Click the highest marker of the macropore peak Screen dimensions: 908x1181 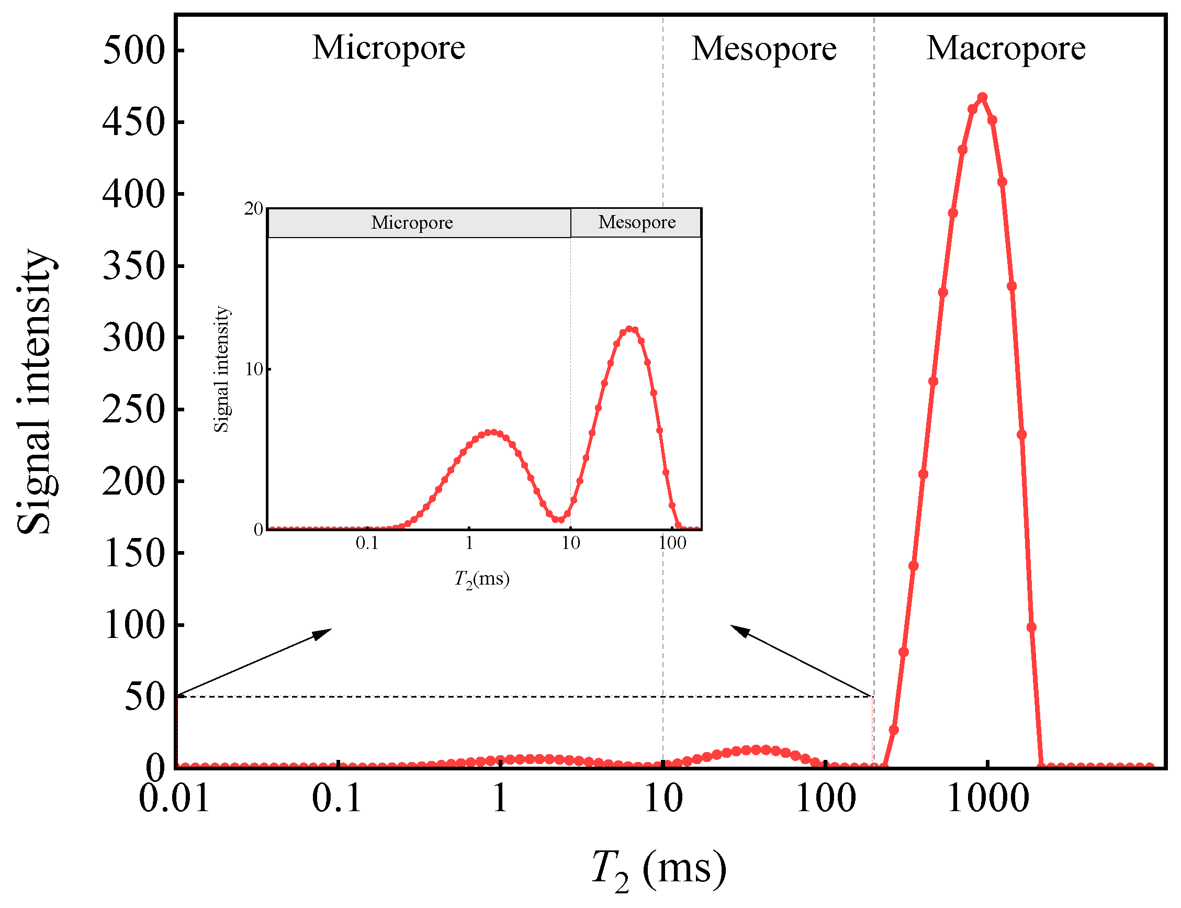[x=982, y=97]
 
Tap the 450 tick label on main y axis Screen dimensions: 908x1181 [x=133, y=121]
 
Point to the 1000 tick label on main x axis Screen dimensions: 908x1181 [x=987, y=799]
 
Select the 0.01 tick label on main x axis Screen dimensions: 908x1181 [x=174, y=799]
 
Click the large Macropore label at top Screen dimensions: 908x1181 [x=1005, y=48]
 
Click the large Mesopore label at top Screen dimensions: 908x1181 [x=763, y=49]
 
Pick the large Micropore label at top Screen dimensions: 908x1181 [x=388, y=48]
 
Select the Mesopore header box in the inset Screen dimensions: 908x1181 [x=636, y=222]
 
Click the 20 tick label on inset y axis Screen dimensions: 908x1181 [x=253, y=209]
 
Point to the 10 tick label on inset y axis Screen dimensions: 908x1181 [x=254, y=369]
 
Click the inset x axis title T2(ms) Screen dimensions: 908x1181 [x=481, y=579]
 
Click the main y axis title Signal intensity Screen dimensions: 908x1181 [x=35, y=392]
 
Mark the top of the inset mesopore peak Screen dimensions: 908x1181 [x=629, y=329]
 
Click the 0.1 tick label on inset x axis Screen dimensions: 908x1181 [x=367, y=543]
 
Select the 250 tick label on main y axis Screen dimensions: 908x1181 [x=133, y=409]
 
